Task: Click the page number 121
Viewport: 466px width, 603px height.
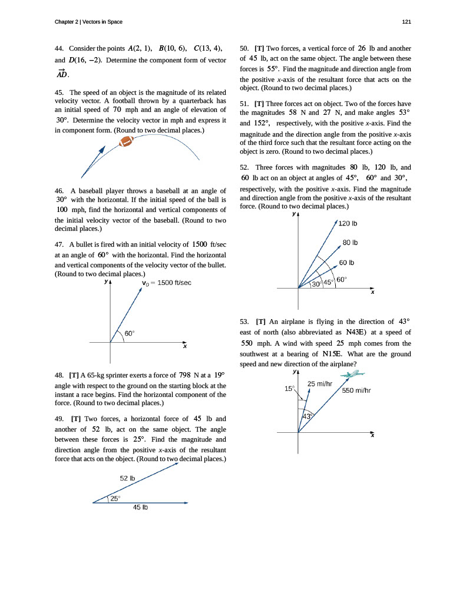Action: pos(406,22)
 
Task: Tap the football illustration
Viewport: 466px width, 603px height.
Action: pos(126,141)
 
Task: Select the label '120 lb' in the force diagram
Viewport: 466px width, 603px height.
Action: pos(349,224)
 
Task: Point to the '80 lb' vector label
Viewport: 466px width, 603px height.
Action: pos(351,243)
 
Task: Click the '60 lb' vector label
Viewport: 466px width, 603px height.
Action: pos(347,263)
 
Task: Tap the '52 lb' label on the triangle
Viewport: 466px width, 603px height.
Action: pos(128,478)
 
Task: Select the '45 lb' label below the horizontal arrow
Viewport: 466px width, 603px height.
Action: pos(140,508)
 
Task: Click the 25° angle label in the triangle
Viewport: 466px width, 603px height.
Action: pos(115,498)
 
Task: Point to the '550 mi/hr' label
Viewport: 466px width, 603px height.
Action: pos(358,390)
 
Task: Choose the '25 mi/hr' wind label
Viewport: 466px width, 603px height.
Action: pos(320,384)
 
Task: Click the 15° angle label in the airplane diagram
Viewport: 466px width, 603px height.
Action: pos(289,389)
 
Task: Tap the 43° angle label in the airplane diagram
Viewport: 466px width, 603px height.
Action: pos(306,416)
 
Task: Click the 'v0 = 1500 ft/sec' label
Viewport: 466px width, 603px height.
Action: pos(167,283)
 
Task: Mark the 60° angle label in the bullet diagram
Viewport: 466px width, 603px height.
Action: pos(130,333)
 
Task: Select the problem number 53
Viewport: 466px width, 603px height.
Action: pos(245,322)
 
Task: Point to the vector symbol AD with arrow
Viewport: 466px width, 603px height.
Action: pos(62,73)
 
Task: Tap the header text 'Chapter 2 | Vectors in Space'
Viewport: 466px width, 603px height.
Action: pos(88,22)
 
